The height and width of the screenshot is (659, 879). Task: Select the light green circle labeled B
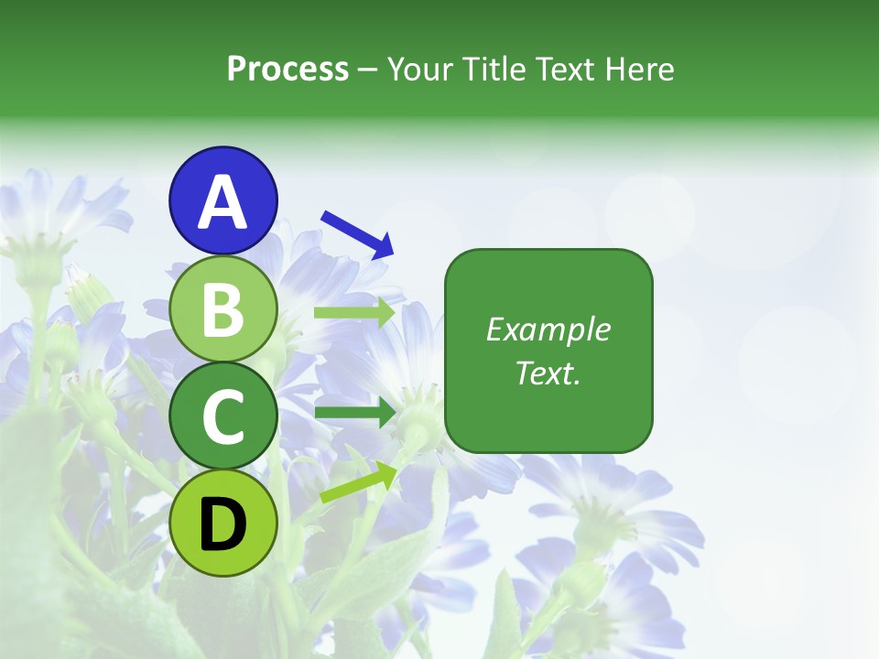222,309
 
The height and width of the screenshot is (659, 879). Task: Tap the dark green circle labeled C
222,416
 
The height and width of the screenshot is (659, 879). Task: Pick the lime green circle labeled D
222,524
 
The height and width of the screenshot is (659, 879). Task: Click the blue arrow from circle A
358,233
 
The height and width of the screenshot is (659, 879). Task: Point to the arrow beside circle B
354,313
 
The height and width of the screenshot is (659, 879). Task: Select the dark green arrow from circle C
354,414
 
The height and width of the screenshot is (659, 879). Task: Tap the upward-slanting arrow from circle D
357,483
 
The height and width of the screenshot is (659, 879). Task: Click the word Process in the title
288,69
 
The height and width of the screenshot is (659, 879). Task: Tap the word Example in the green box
548,329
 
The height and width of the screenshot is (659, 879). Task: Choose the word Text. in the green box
548,373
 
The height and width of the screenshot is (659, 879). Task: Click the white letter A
222,202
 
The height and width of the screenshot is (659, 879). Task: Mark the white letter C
222,417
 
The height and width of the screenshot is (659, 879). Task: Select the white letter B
222,310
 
